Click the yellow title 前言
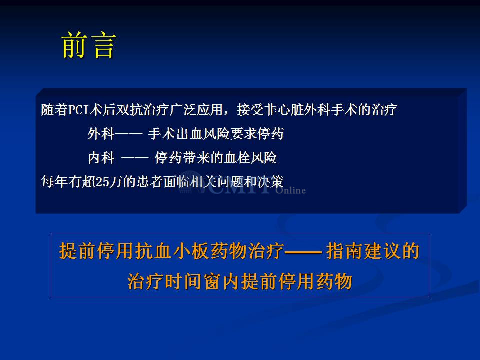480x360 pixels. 89,45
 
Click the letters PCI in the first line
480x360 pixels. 78,110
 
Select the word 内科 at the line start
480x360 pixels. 101,158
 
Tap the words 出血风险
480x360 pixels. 203,134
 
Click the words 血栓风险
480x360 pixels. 250,158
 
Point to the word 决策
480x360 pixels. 270,182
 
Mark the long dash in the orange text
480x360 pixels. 303,252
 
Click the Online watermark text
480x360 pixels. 291,190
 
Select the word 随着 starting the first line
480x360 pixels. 54,110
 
